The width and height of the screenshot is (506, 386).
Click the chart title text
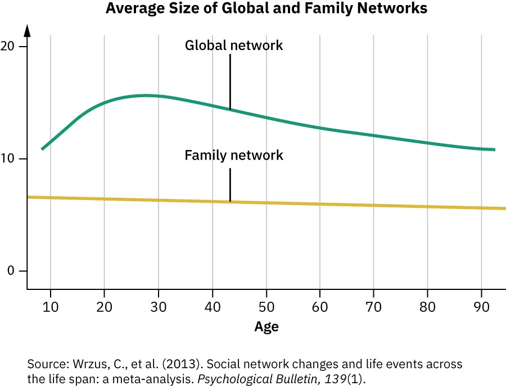(266, 9)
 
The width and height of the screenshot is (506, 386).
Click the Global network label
(234, 46)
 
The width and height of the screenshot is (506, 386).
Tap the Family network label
(234, 155)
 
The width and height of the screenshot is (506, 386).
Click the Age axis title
(266, 326)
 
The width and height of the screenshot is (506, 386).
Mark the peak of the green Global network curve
(147, 96)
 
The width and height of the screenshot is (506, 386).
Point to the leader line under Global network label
(230, 81)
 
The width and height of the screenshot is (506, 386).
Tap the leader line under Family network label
(230, 185)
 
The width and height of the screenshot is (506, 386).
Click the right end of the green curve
(494, 149)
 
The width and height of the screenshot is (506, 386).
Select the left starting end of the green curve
(42, 149)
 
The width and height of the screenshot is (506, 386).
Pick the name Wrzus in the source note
(82, 364)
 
